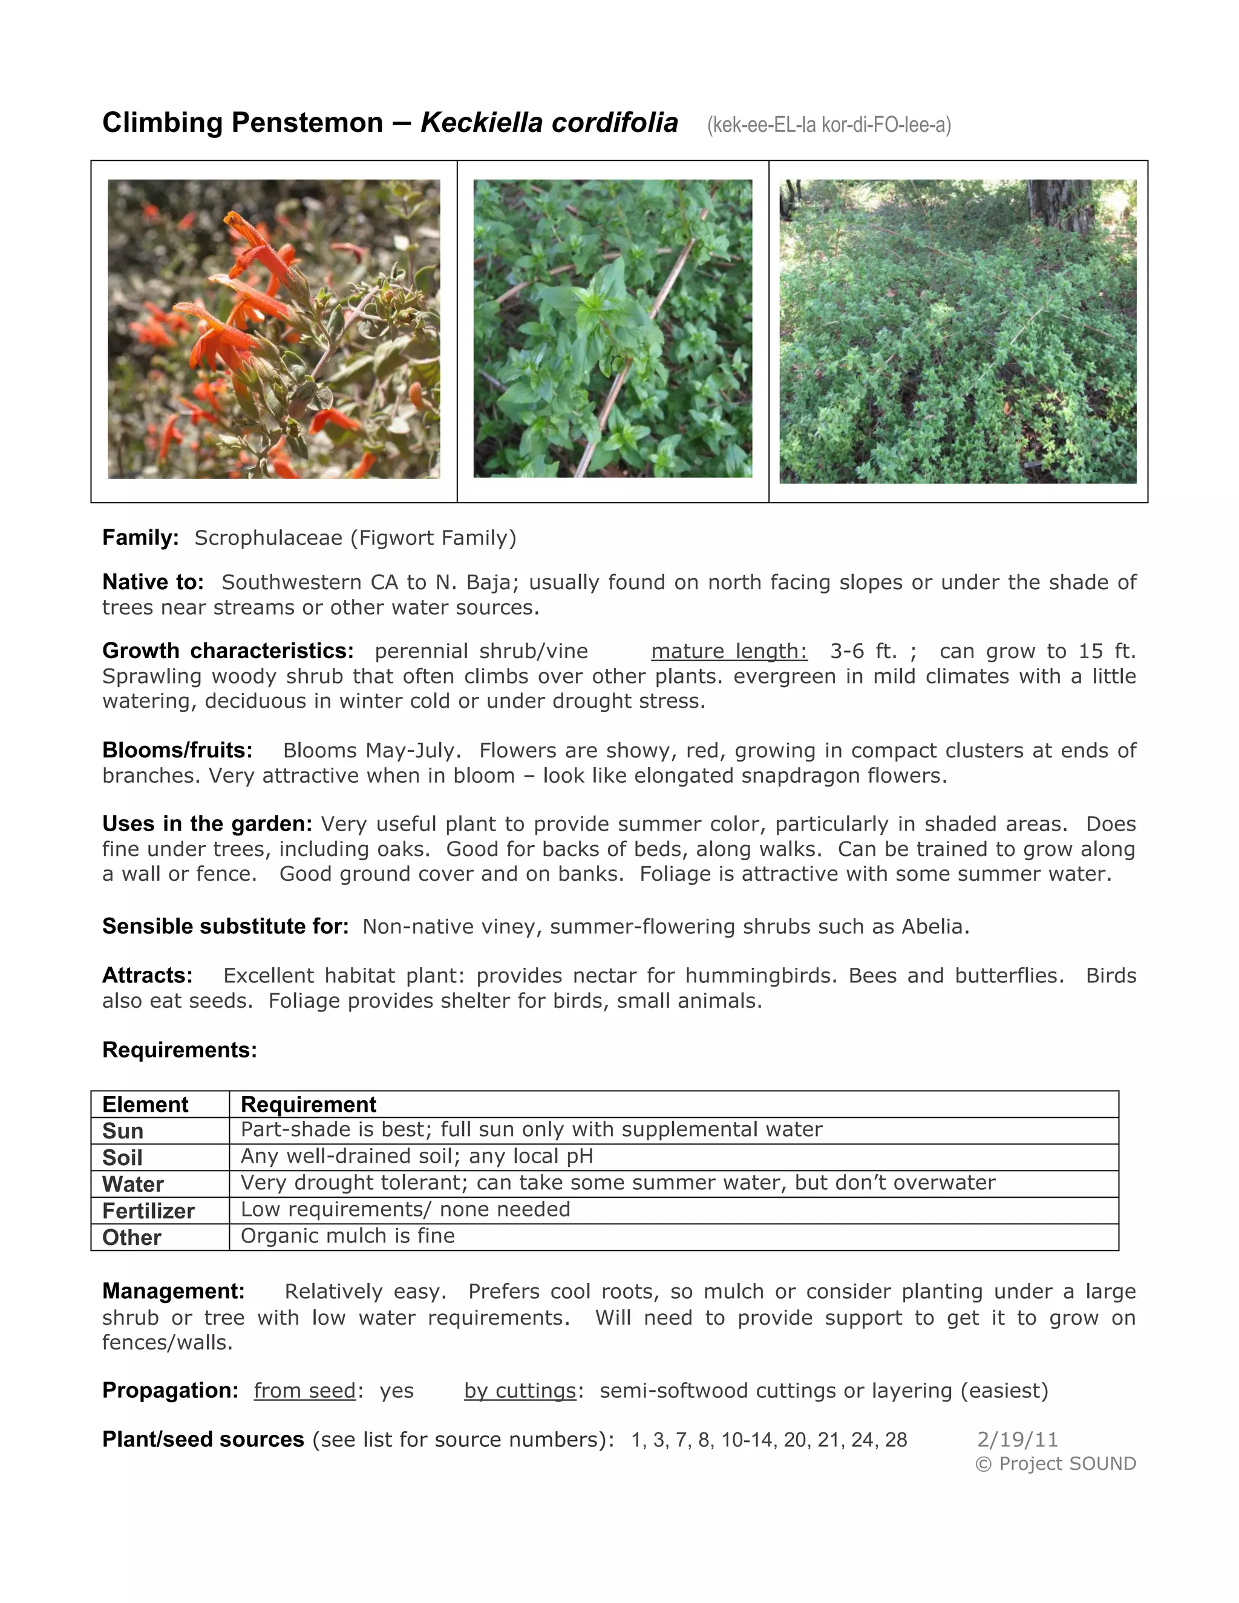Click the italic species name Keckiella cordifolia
tap(549, 123)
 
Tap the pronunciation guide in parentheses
tap(829, 125)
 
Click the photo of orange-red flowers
tap(274, 329)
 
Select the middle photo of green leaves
tap(612, 329)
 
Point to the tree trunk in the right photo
tap(1060, 203)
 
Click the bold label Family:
tap(140, 538)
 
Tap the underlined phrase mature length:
tap(729, 651)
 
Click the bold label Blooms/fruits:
tap(177, 750)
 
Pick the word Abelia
tap(932, 926)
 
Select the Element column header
tap(145, 1105)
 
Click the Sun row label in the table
tap(123, 1131)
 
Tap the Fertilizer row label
tap(148, 1211)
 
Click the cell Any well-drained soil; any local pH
tap(417, 1157)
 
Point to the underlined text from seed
tap(305, 1391)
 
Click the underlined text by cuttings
tap(520, 1391)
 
